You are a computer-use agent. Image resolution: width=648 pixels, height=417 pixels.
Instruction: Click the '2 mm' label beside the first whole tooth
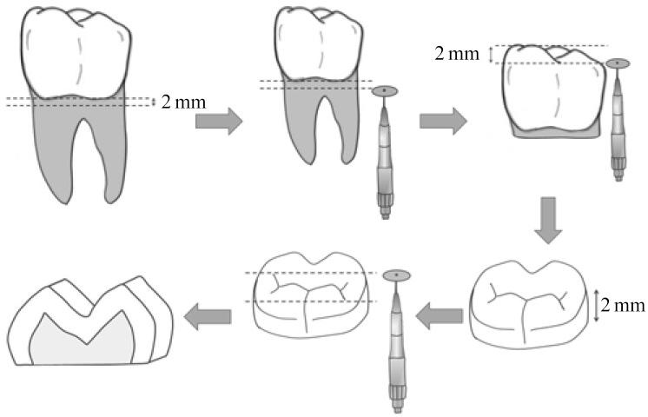tap(184, 103)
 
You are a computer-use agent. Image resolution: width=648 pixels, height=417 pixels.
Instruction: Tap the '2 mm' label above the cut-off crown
tap(457, 54)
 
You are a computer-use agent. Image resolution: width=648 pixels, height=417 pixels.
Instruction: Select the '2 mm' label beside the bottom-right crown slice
tap(625, 305)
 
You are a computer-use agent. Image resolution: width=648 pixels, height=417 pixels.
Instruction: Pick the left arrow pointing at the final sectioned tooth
tap(208, 314)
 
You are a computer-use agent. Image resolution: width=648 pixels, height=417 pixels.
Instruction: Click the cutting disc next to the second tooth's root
tap(384, 90)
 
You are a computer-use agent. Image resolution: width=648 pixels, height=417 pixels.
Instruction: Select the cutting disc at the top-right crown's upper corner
tap(618, 64)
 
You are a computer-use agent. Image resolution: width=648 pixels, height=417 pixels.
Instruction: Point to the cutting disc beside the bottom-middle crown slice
tap(397, 275)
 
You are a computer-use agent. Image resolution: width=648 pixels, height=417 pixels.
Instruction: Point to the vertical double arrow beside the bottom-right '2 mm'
tap(596, 305)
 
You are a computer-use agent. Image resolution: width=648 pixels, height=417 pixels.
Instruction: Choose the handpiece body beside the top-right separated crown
tap(618, 130)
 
